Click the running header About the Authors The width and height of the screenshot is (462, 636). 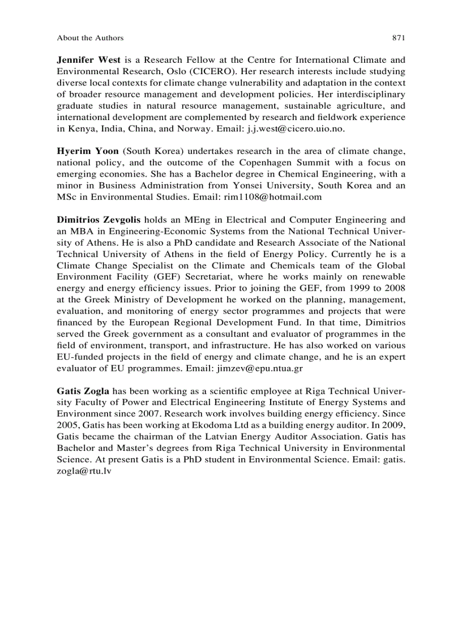[90, 38]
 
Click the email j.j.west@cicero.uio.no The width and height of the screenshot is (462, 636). [296, 129]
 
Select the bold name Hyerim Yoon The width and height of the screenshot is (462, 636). [88, 151]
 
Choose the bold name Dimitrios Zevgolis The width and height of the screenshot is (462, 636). [100, 220]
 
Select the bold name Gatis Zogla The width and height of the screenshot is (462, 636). [83, 391]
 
